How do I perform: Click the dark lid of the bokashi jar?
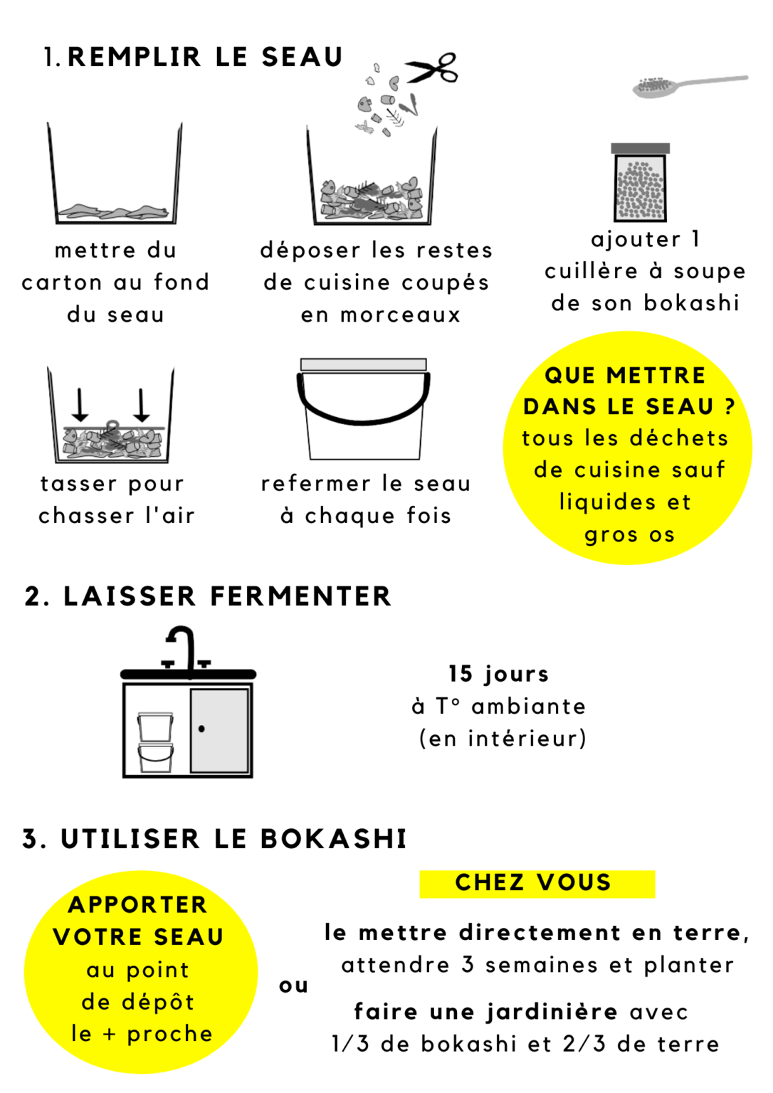[640, 148]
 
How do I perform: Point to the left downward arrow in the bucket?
[80, 404]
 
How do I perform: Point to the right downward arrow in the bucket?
[142, 404]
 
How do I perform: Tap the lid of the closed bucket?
[363, 364]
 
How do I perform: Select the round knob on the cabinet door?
[202, 729]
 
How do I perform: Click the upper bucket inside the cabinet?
[155, 727]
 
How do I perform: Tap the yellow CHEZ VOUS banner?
[537, 883]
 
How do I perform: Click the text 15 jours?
[498, 673]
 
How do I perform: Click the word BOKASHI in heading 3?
[333, 839]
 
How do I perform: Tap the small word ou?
[293, 986]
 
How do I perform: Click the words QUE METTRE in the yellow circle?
[624, 375]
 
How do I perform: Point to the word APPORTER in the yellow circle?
[138, 904]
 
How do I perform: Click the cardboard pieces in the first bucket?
[114, 211]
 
